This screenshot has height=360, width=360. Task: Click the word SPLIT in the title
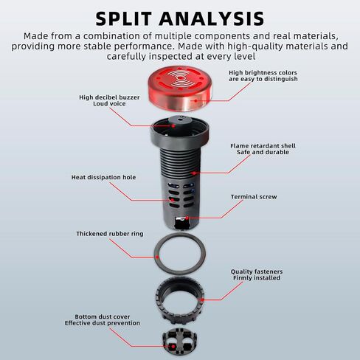[x=123, y=19]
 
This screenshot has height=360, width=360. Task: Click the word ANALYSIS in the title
[x=212, y=19]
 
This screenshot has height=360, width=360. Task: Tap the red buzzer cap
[x=180, y=90]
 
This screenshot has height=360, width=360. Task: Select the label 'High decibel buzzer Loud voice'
[x=109, y=100]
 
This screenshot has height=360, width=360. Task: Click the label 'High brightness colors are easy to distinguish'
[x=263, y=76]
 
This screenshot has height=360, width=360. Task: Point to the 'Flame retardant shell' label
[x=263, y=146]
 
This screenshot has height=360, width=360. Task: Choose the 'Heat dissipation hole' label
[x=103, y=177]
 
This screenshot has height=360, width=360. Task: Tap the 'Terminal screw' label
[x=254, y=197]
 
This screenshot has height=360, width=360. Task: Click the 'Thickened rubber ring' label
[x=110, y=234]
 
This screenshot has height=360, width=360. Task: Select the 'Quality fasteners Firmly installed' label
[x=257, y=274]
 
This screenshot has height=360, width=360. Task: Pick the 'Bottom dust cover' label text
[x=103, y=316]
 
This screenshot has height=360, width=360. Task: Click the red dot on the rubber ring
[x=157, y=257]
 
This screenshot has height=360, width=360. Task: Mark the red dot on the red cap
[x=195, y=100]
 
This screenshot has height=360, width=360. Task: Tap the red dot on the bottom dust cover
[x=173, y=347]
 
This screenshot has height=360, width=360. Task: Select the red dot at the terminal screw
[x=187, y=218]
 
